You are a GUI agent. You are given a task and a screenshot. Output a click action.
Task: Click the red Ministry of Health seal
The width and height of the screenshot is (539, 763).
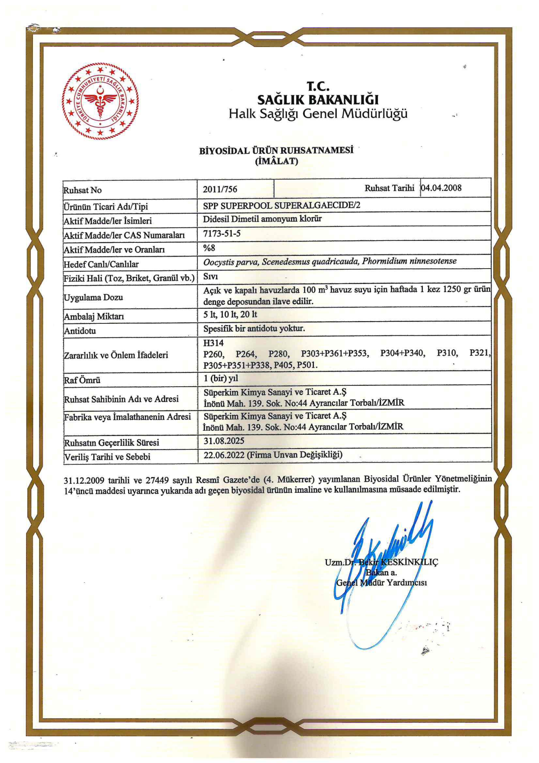pos(100,101)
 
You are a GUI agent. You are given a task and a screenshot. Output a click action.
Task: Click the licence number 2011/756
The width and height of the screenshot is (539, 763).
pos(220,189)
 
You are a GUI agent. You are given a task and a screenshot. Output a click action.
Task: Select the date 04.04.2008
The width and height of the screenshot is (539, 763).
pos(441,188)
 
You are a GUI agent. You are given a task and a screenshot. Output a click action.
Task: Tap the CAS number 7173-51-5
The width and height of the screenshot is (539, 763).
pos(222,233)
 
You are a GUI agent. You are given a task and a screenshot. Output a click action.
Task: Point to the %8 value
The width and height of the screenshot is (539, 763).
pos(209,248)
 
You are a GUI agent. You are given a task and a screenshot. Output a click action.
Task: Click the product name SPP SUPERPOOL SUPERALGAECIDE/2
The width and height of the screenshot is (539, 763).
pos(282,205)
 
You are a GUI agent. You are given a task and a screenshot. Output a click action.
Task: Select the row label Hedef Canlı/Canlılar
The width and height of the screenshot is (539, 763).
pos(101,264)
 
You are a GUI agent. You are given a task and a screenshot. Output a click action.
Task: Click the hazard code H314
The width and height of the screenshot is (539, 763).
pos(213,343)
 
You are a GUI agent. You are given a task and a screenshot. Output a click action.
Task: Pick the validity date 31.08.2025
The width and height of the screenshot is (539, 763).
pos(224,441)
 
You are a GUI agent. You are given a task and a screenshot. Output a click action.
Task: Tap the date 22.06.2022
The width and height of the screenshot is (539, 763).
pos(224,455)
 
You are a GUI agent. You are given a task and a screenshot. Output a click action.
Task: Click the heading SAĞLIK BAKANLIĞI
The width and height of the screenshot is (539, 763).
pos(318,99)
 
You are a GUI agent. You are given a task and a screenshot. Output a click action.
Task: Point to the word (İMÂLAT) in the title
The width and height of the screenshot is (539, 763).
pos(276,161)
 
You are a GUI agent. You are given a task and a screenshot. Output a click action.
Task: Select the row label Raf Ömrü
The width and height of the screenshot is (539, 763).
pos(82,380)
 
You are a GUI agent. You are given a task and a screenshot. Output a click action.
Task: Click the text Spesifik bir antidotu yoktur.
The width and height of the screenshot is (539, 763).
pos(254,329)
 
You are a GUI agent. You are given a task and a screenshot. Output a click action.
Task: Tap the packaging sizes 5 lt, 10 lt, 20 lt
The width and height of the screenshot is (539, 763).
pos(230,314)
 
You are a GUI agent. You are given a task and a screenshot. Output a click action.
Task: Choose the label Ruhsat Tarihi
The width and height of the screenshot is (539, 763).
pos(389,188)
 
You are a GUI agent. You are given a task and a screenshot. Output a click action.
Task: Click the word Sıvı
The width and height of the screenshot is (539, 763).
pos(210,277)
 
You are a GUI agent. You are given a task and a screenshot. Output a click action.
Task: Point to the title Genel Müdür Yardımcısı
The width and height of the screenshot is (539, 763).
pos(381,583)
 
